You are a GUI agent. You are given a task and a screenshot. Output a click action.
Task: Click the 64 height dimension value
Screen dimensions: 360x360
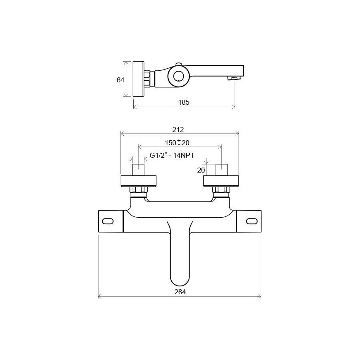click(x=120, y=80)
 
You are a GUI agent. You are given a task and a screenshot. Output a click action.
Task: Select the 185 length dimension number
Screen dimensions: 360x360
click(x=184, y=102)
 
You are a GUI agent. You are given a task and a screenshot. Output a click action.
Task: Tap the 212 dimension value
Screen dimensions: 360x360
click(x=178, y=130)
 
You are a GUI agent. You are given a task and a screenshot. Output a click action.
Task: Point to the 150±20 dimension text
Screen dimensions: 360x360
click(x=177, y=143)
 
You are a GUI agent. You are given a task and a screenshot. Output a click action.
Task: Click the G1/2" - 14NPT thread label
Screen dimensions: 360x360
click(x=172, y=156)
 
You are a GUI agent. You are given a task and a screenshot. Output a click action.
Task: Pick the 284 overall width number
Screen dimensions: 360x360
click(x=180, y=292)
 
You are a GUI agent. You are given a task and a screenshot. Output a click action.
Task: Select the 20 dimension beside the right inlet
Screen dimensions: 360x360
click(x=201, y=170)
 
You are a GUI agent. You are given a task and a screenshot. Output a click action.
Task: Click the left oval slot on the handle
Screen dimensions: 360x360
click(x=108, y=221)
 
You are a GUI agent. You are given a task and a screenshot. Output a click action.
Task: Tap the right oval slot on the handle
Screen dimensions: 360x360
click(x=252, y=221)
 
